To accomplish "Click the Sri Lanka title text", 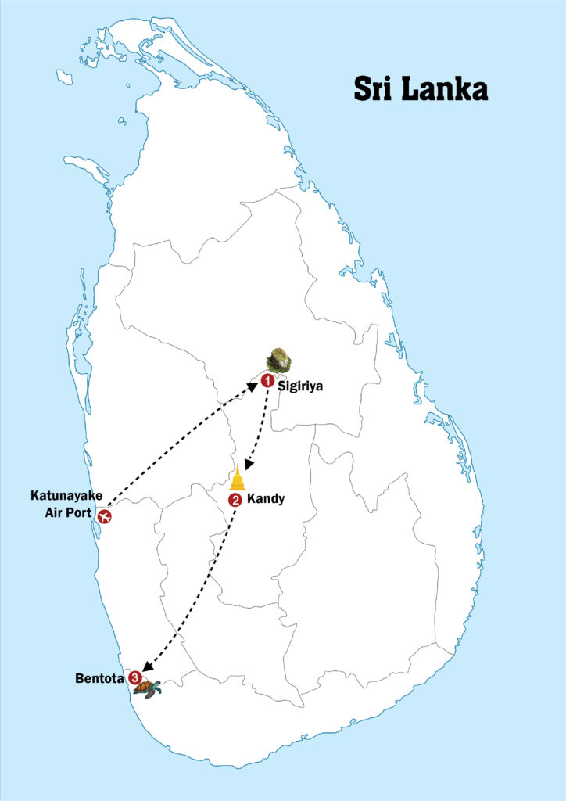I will click(421, 88).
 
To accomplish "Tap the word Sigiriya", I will click(300, 385).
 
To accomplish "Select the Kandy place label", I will click(264, 498).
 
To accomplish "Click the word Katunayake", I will click(66, 495).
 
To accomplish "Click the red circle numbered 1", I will click(267, 381).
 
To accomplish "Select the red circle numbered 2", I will click(235, 500).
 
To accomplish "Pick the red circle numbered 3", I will click(135, 677).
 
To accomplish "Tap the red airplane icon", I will click(104, 515).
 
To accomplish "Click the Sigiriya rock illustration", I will click(279, 360).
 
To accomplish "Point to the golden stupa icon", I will click(238, 479).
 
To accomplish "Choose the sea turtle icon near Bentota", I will click(148, 688).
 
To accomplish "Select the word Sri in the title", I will click(372, 88).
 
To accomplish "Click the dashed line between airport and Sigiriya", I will click(180, 447).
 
